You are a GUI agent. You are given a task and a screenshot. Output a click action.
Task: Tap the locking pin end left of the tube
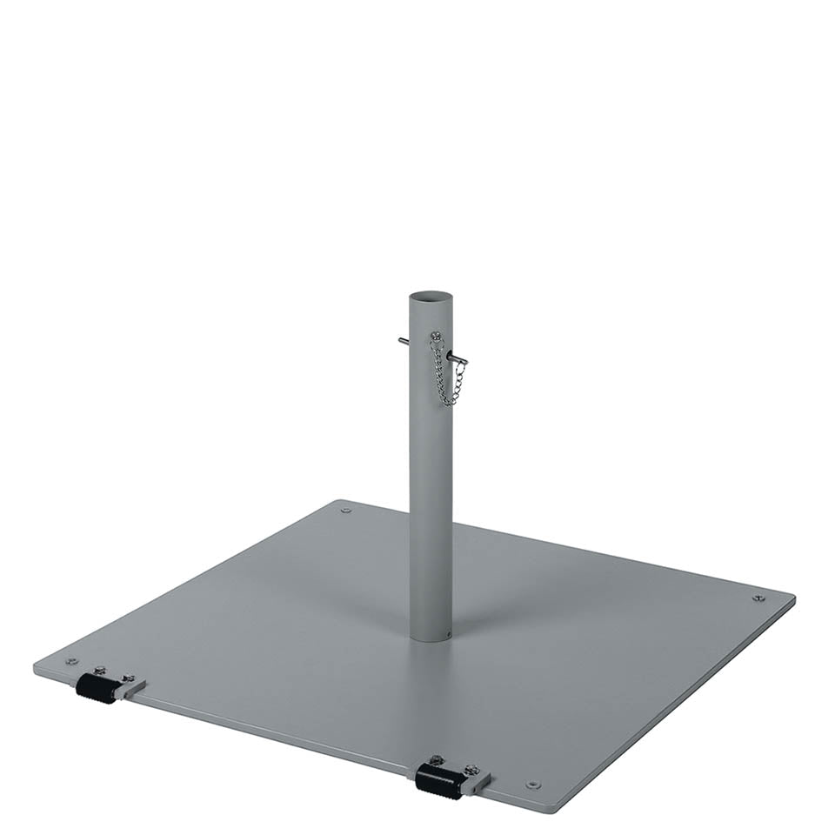point(403,340)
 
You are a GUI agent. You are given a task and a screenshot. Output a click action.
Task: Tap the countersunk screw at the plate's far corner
point(346,511)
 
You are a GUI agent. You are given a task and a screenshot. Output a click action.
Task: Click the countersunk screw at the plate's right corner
point(758,598)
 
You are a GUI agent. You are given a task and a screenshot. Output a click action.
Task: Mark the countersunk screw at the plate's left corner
point(71,662)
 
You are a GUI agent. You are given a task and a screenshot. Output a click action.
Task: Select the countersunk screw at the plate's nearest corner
point(532,785)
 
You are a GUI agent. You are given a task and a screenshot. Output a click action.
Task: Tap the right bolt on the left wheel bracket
point(129,678)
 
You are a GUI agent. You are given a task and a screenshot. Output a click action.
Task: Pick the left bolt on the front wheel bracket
point(436,760)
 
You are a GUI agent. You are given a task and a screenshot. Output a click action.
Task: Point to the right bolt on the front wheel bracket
point(471,770)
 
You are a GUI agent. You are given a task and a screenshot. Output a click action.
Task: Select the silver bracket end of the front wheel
point(477,784)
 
